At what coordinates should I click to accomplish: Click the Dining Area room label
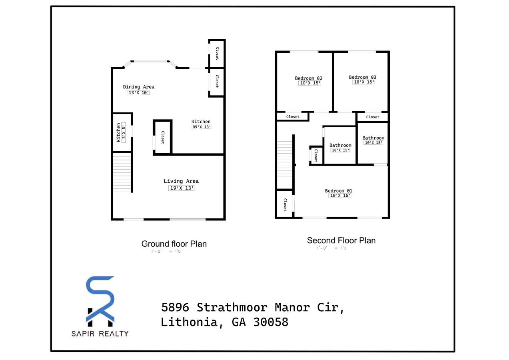pyautogui.click(x=138, y=87)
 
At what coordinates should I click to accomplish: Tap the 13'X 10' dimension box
pyautogui.click(x=138, y=93)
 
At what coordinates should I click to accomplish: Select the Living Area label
pyautogui.click(x=181, y=181)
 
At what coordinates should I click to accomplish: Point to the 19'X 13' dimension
pyautogui.click(x=181, y=188)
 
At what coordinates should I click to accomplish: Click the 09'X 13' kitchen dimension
pyautogui.click(x=201, y=127)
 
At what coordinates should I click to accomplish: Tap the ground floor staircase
pyautogui.click(x=122, y=172)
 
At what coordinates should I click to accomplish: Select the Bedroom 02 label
pyautogui.click(x=309, y=78)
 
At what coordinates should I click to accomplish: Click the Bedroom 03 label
pyautogui.click(x=363, y=77)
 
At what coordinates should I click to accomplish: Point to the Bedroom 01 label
pyautogui.click(x=339, y=191)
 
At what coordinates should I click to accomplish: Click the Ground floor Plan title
pyautogui.click(x=174, y=244)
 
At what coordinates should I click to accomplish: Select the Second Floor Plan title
pyautogui.click(x=341, y=240)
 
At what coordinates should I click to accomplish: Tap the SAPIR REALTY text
pyautogui.click(x=100, y=333)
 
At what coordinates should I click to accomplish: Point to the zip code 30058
pyautogui.click(x=271, y=322)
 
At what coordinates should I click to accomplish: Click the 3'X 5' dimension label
pyautogui.click(x=124, y=130)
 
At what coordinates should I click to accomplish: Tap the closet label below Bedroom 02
pyautogui.click(x=293, y=117)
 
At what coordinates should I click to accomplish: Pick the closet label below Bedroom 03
pyautogui.click(x=373, y=117)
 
